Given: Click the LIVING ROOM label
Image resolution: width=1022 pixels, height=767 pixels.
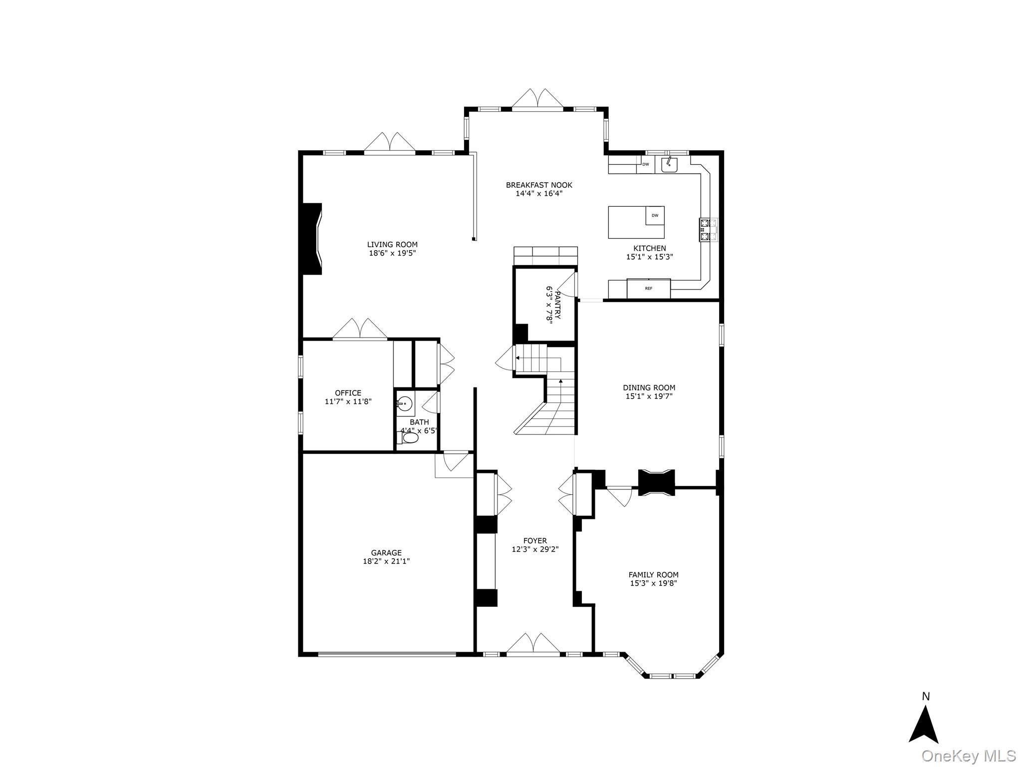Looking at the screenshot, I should tap(392, 245).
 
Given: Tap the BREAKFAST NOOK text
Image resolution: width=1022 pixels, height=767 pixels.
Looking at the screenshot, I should tap(539, 185).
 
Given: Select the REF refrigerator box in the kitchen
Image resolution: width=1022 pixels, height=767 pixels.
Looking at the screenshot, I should tap(648, 288).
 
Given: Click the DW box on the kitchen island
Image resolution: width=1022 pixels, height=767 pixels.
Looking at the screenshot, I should tap(655, 216).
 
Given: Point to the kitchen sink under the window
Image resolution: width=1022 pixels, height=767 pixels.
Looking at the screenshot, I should tap(669, 164).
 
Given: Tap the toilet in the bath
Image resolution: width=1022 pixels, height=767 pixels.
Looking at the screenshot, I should tap(409, 438).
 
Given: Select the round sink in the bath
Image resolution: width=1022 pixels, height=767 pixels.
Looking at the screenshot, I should tap(405, 402).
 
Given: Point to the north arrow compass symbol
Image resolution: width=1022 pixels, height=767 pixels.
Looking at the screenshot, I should tap(924, 726).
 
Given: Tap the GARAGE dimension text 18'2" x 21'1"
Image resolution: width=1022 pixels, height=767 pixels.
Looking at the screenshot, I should tap(386, 561).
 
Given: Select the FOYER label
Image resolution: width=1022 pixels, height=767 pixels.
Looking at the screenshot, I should tap(535, 541).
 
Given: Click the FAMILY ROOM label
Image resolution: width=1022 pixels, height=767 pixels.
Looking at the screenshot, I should tap(653, 575).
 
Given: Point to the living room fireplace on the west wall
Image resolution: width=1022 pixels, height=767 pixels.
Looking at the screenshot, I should tap(312, 239).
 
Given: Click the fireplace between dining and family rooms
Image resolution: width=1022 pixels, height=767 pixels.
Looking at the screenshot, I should tap(656, 482).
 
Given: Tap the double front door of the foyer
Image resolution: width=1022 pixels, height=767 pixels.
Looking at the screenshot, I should tap(533, 644).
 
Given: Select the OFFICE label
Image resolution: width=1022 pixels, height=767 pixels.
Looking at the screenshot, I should tap(348, 393).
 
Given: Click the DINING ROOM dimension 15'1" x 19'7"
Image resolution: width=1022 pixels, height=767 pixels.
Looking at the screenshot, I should tap(649, 396).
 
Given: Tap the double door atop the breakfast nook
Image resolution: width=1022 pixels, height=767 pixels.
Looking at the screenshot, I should tap(537, 99).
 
